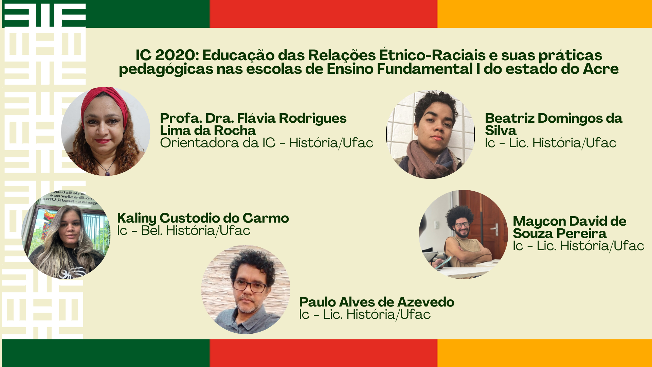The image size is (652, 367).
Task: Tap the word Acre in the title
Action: tap(601, 69)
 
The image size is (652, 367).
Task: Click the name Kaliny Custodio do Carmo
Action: tap(203, 219)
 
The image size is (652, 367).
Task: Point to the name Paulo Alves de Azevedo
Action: tap(377, 302)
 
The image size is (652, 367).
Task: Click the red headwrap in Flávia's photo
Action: tap(105, 101)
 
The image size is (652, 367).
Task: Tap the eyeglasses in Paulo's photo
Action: tap(250, 286)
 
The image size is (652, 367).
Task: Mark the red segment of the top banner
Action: tap(323, 14)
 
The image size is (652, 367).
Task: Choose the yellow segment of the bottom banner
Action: tap(545, 353)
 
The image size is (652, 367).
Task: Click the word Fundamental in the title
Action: tap(424, 69)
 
